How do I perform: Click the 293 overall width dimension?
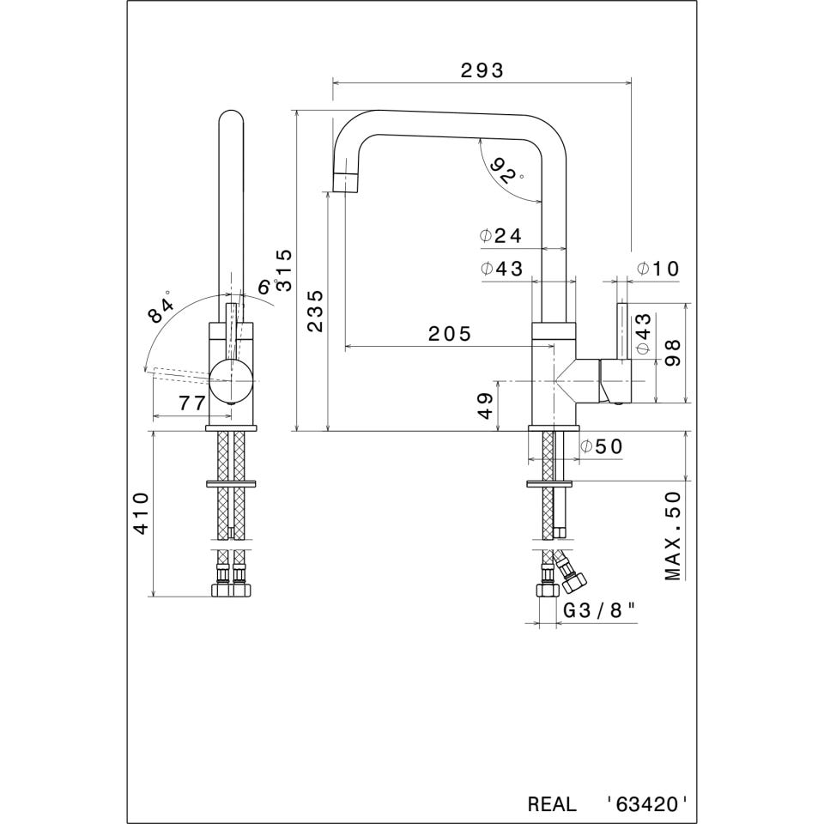(x=482, y=70)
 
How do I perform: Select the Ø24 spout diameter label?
(x=500, y=235)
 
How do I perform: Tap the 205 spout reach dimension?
(x=450, y=334)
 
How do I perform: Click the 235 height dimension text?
(x=315, y=311)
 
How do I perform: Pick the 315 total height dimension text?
(x=284, y=270)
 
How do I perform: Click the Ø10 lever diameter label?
(x=658, y=269)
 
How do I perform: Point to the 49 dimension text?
(x=487, y=406)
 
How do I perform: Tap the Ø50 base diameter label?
(x=601, y=446)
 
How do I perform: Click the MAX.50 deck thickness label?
(x=673, y=536)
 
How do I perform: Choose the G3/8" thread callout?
(x=599, y=610)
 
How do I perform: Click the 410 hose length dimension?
(x=142, y=513)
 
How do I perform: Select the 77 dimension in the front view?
(x=191, y=403)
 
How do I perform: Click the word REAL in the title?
(x=552, y=804)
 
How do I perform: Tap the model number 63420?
(x=645, y=804)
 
